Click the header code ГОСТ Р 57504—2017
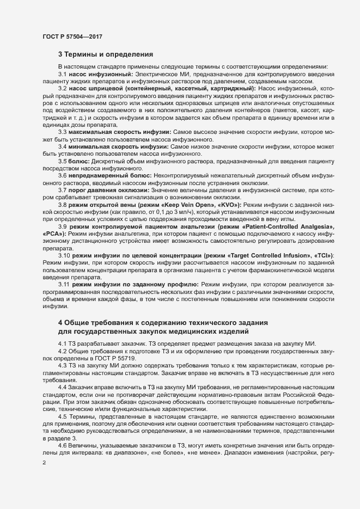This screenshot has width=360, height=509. point(72,36)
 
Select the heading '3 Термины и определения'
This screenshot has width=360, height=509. point(106,54)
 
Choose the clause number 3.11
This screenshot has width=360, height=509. point(64,285)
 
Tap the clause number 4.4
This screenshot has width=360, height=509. point(63,385)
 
